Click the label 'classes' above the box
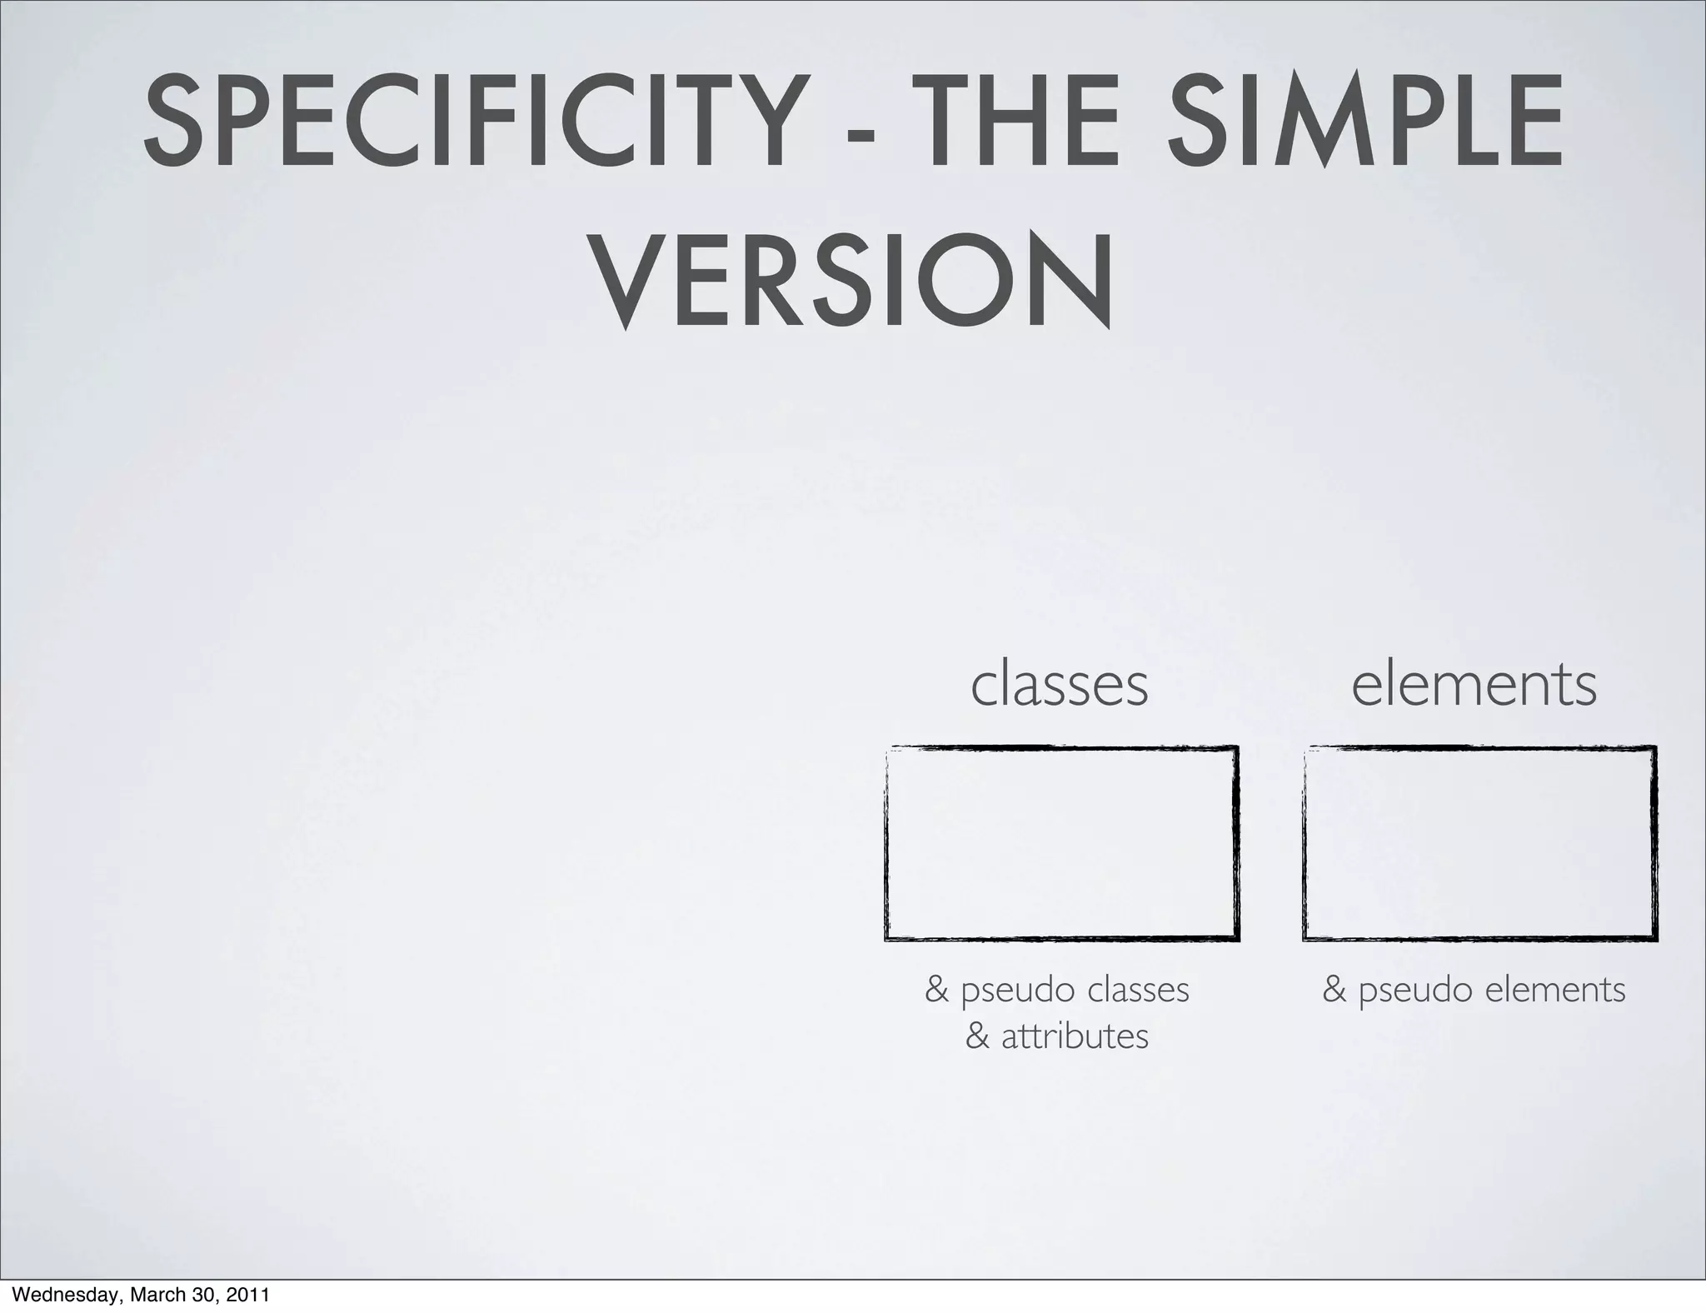pyautogui.click(x=1060, y=684)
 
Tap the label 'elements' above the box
pyautogui.click(x=1474, y=684)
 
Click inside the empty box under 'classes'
pyautogui.click(x=1061, y=843)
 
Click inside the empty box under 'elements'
pyautogui.click(x=1479, y=843)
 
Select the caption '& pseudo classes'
pyautogui.click(x=1057, y=990)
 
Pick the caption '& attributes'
pyautogui.click(x=1057, y=1036)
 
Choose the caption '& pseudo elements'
pyautogui.click(x=1474, y=990)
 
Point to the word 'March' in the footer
pyautogui.click(x=156, y=1296)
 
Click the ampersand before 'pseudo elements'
pyautogui.click(x=1334, y=990)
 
